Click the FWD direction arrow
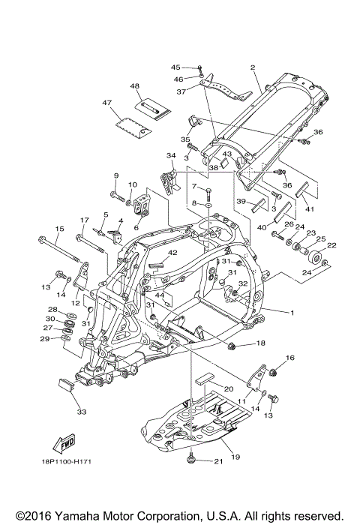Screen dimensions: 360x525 pos(64,443)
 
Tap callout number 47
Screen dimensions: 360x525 pos(107,103)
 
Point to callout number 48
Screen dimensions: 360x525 pos(134,86)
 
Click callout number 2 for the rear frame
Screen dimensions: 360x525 pos(253,67)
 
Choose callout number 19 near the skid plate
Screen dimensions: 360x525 pos(235,457)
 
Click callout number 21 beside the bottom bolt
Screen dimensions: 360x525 pos(218,461)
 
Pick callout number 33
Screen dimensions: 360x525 pos(82,412)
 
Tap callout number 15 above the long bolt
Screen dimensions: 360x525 pos(59,229)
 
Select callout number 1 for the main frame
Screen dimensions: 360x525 pos(292,313)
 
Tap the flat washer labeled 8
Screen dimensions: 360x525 pos(208,204)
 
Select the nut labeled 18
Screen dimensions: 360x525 pos(231,346)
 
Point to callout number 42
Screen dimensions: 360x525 pos(172,253)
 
